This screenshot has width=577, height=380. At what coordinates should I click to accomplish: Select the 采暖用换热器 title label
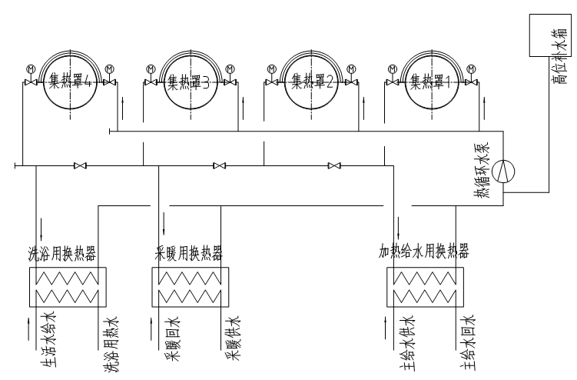click(x=189, y=252)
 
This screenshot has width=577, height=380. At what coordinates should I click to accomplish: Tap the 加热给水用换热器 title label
click(x=423, y=252)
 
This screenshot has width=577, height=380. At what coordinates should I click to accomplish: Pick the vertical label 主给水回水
click(x=468, y=343)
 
